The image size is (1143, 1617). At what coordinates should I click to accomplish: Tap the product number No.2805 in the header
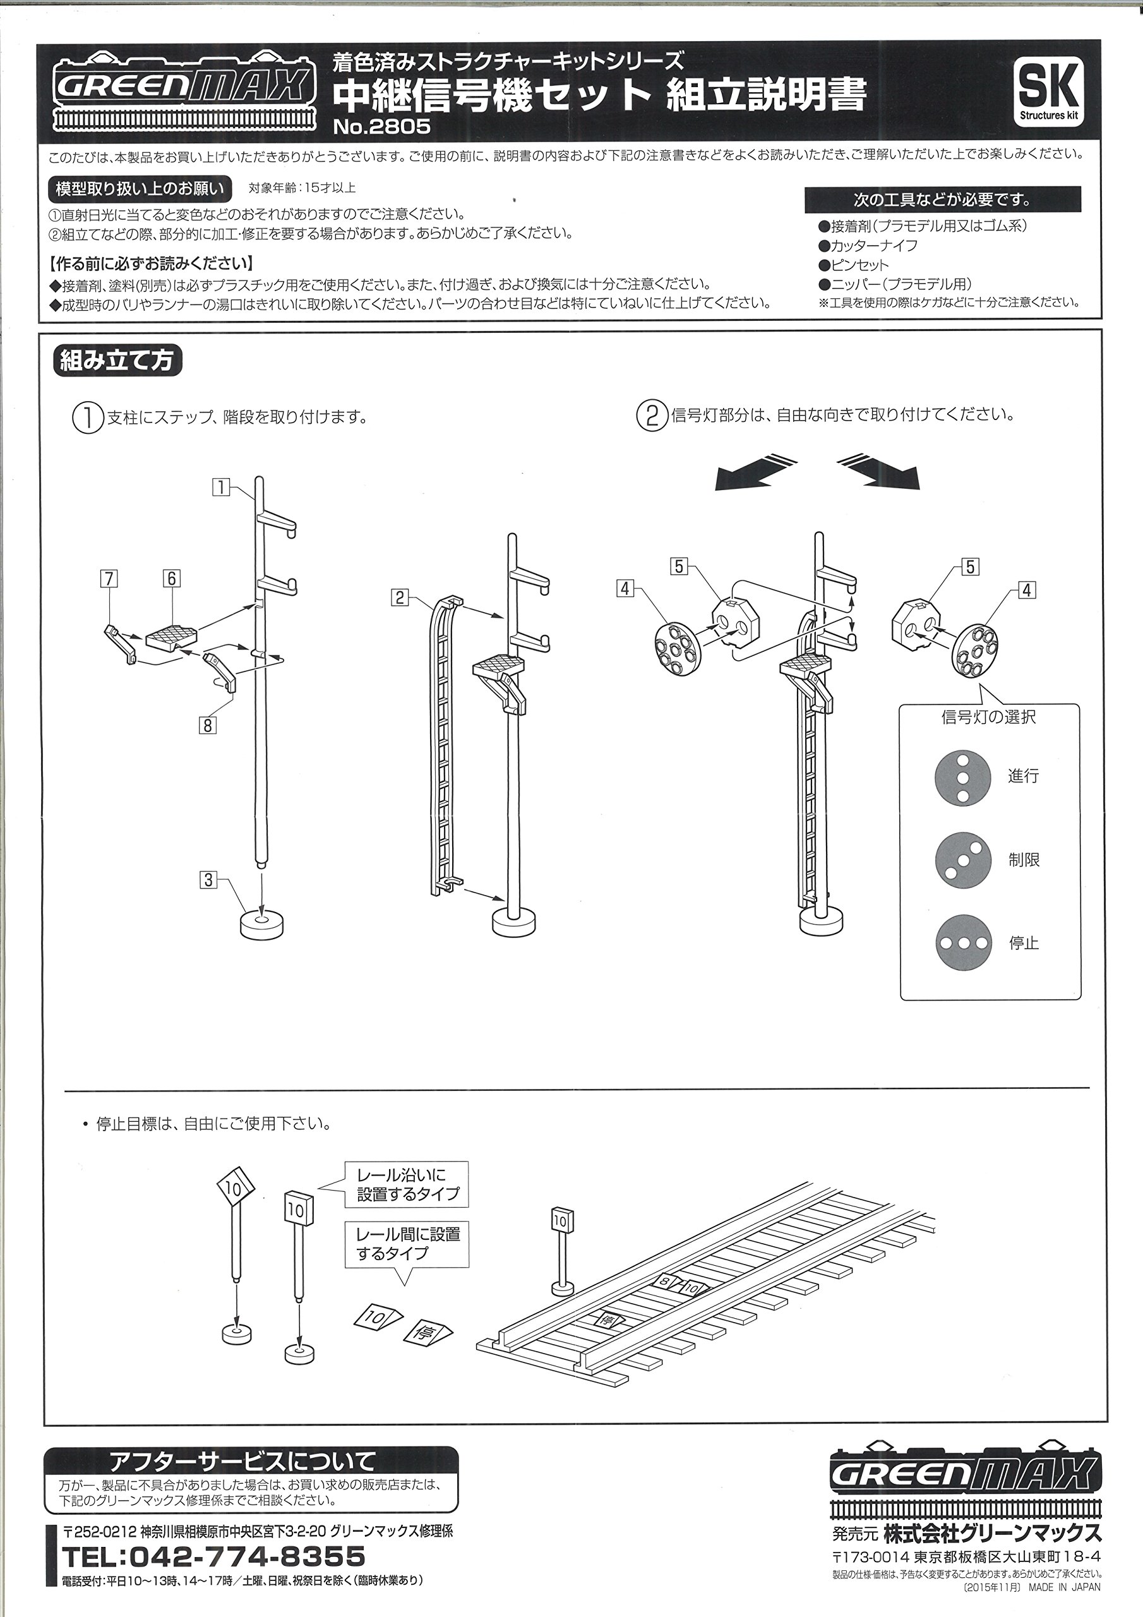coord(381,127)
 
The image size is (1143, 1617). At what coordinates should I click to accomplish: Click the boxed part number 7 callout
coord(109,579)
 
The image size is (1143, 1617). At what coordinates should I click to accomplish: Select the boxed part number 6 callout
coord(172,579)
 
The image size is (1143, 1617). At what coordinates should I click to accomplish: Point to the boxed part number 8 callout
coord(208,724)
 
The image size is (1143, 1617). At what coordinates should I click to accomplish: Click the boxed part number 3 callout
coord(208,880)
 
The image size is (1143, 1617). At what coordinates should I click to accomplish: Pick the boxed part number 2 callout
coord(400,598)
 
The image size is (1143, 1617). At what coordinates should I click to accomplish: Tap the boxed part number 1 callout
coord(221,486)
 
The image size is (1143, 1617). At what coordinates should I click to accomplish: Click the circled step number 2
coord(652,416)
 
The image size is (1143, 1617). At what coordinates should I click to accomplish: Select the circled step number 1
coord(87,418)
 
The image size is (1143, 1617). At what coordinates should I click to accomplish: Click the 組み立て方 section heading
coord(117,361)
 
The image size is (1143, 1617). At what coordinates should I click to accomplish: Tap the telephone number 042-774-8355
coord(214,1556)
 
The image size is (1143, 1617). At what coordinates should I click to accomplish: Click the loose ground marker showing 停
coord(428,1333)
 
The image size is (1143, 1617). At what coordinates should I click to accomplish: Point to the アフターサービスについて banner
coord(250,1462)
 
